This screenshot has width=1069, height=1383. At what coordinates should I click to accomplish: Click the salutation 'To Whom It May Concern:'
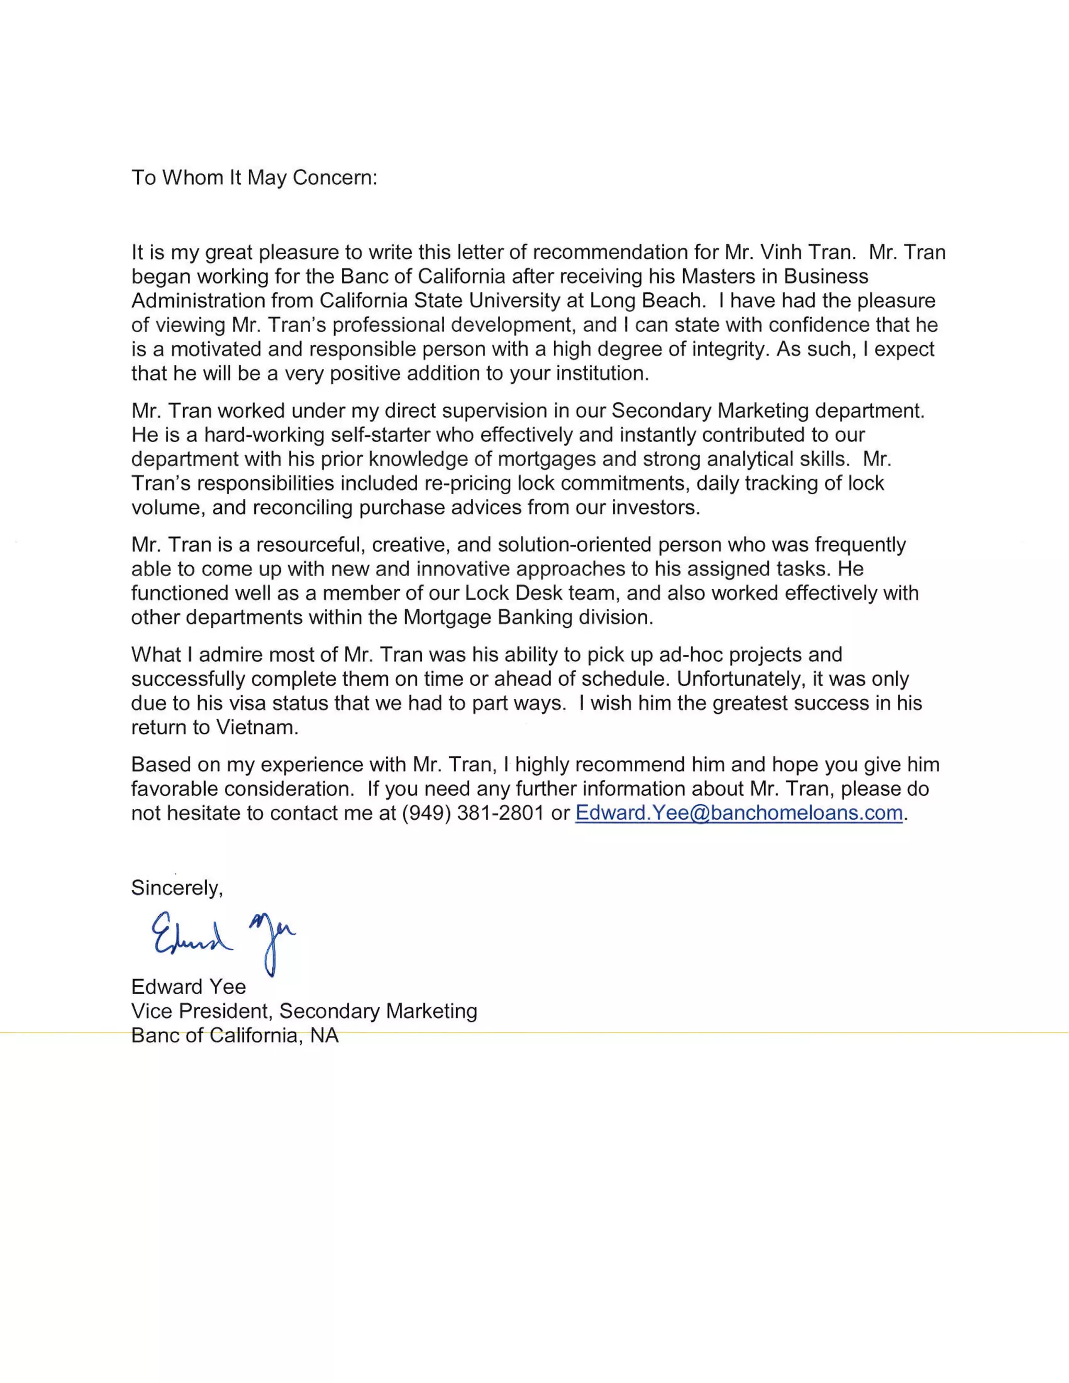click(x=254, y=178)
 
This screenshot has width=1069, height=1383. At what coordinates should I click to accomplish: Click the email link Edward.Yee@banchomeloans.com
click(x=739, y=813)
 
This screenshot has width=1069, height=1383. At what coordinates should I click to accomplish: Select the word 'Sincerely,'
click(x=177, y=888)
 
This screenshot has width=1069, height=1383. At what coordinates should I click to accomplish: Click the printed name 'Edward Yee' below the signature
click(x=188, y=986)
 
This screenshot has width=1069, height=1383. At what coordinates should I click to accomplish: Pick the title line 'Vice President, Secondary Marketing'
click(x=304, y=1011)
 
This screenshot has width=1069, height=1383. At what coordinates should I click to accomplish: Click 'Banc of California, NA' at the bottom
click(x=234, y=1035)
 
